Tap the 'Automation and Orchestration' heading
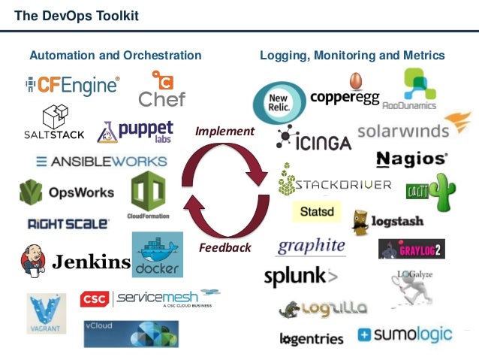pyautogui.click(x=115, y=56)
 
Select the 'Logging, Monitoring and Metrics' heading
pyautogui.click(x=352, y=56)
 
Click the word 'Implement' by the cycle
pyautogui.click(x=225, y=132)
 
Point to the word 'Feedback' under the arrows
pyautogui.click(x=224, y=248)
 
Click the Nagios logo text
pyautogui.click(x=411, y=159)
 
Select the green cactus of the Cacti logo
pyautogui.click(x=443, y=191)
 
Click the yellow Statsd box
pyautogui.click(x=315, y=213)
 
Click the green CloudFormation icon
pyautogui.click(x=148, y=192)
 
